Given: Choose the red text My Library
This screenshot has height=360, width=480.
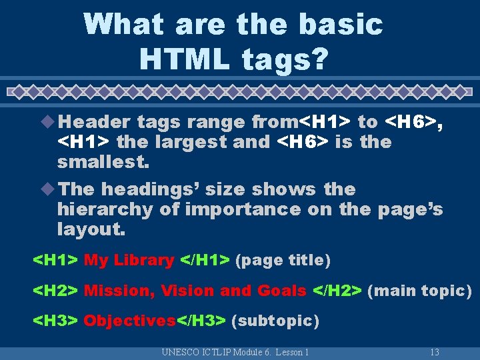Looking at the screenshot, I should click(x=129, y=260).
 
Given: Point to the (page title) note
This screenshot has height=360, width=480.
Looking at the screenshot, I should click(x=283, y=260).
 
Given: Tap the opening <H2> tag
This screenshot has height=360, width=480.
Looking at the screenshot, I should click(x=56, y=291).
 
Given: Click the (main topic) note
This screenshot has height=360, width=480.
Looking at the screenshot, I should click(x=419, y=291).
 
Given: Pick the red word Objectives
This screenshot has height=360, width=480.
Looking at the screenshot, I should click(x=129, y=321).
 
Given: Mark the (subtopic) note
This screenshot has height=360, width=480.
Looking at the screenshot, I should click(x=275, y=321).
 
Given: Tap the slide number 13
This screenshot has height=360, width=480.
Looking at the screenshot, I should click(x=435, y=352).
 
